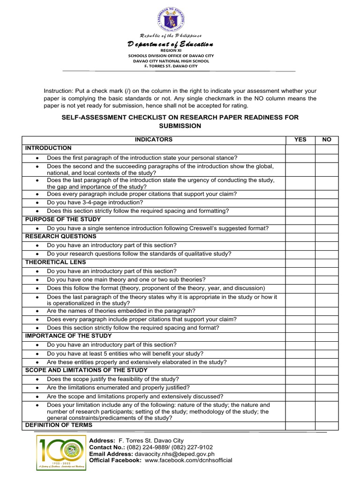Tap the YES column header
[x=300, y=140]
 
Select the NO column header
[x=327, y=140]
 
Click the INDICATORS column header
[x=154, y=140]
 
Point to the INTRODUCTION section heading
[x=48, y=148]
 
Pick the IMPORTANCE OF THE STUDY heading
[x=68, y=336]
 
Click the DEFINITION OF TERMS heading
[x=59, y=425]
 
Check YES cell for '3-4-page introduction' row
[x=300, y=202]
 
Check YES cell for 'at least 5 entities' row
[x=300, y=354]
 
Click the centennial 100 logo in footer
[x=61, y=452]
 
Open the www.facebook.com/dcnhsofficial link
[x=188, y=460]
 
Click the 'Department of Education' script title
[x=171, y=44]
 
